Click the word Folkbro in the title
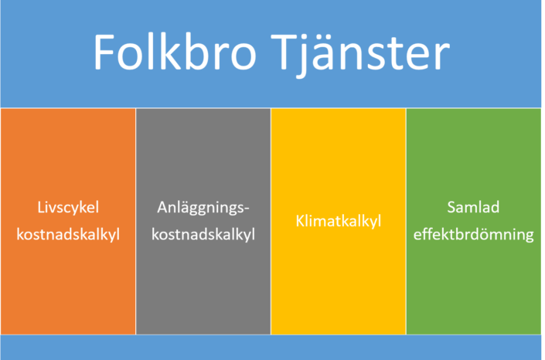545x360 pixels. pyautogui.click(x=175, y=52)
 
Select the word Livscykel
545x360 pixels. pyautogui.click(x=68, y=208)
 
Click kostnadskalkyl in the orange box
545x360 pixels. pyautogui.click(x=68, y=235)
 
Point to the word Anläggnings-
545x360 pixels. pyautogui.click(x=203, y=208)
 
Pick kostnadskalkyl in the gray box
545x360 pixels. pyautogui.click(x=203, y=235)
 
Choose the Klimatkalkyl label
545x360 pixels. pyautogui.click(x=339, y=222)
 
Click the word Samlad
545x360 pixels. pyautogui.click(x=473, y=207)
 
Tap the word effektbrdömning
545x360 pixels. pyautogui.click(x=473, y=235)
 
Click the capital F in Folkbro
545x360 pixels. pyautogui.click(x=104, y=53)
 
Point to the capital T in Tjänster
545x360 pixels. pyautogui.click(x=284, y=53)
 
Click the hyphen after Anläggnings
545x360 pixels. pyautogui.click(x=247, y=209)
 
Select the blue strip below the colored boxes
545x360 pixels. pyautogui.click(x=271, y=348)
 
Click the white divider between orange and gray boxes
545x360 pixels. pyautogui.click(x=135, y=222)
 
